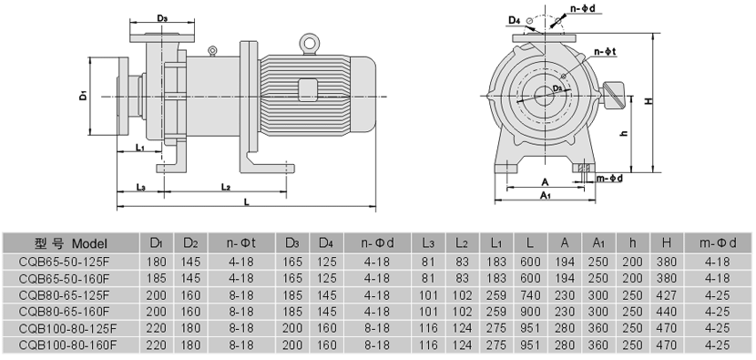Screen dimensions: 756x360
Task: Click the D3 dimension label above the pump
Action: click(x=162, y=18)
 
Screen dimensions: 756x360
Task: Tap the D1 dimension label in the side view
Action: click(x=84, y=96)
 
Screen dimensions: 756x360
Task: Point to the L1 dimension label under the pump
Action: click(x=140, y=147)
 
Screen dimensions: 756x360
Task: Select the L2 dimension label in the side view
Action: click(x=225, y=186)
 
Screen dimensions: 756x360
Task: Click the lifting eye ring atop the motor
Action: click(x=309, y=43)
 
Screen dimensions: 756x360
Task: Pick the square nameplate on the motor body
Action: click(x=308, y=89)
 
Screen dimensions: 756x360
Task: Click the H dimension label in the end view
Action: click(x=649, y=101)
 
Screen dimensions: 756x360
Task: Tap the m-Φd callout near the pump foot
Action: click(x=610, y=179)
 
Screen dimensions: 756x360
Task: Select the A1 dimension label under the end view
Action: click(x=546, y=195)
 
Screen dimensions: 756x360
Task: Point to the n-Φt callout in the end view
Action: click(x=605, y=52)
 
